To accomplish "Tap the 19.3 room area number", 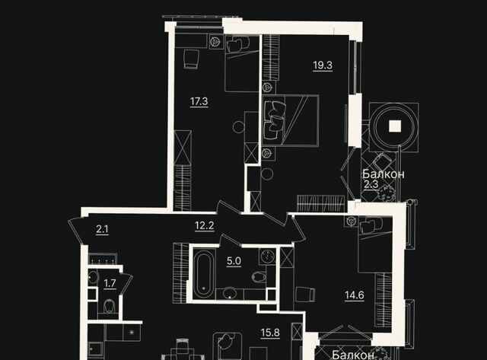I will click(x=323, y=65).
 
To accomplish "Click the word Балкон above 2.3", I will click(x=383, y=174).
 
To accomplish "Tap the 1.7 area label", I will click(x=110, y=284).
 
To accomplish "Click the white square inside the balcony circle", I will click(x=393, y=127).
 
